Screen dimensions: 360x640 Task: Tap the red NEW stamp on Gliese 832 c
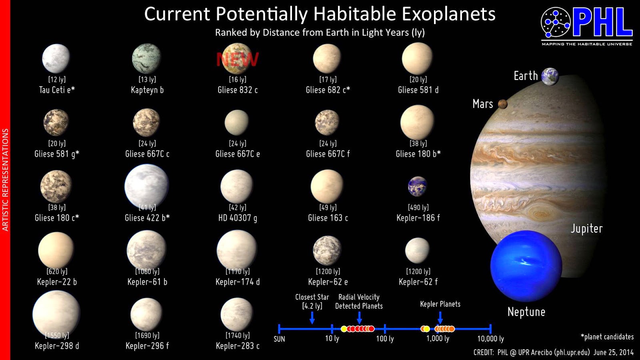237,60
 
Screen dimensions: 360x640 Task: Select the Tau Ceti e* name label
57,90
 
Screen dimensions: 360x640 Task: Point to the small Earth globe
550,76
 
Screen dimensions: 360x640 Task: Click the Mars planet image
503,104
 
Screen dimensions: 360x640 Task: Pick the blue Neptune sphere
526,266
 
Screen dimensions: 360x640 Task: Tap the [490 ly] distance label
418,207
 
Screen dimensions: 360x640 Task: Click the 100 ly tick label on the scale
385,339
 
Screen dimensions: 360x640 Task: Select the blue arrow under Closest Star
312,318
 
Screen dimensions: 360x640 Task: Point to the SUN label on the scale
279,339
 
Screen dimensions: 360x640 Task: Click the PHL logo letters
602,23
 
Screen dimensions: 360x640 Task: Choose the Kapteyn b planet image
146,58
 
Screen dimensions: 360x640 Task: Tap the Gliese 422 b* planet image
146,186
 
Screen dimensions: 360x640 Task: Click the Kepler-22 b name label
57,282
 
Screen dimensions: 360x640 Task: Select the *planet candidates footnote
607,337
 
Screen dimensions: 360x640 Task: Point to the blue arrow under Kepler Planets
440,318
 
